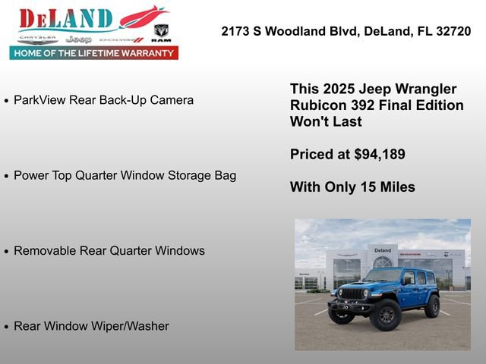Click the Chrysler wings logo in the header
tap(37, 38)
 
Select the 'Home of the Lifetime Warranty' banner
tap(94, 53)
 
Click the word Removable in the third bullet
tap(44, 250)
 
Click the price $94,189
tap(380, 154)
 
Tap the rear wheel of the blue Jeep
tap(432, 306)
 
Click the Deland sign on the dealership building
tap(383, 250)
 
